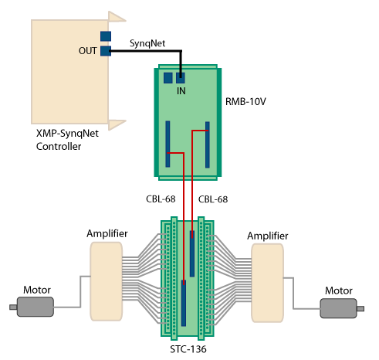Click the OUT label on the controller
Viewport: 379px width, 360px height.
pyautogui.click(x=88, y=51)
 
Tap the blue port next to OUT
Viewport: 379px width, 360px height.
pyautogui.click(x=106, y=51)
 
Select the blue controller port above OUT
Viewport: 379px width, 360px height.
pyautogui.click(x=106, y=36)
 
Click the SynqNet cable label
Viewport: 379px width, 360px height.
pyautogui.click(x=147, y=43)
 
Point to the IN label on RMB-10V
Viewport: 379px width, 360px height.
pyautogui.click(x=181, y=91)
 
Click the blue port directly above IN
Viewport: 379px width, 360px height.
pyautogui.click(x=181, y=78)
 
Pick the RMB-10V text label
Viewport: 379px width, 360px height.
pyautogui.click(x=245, y=101)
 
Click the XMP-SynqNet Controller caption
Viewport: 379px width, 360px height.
pyautogui.click(x=67, y=140)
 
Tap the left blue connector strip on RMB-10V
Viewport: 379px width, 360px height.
pyautogui.click(x=168, y=144)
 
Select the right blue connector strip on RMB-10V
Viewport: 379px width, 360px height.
pyautogui.click(x=208, y=144)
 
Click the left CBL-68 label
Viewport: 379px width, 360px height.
pyautogui.click(x=161, y=199)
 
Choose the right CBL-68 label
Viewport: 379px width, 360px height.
pyautogui.click(x=213, y=199)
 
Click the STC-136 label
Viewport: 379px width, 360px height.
pyautogui.click(x=188, y=349)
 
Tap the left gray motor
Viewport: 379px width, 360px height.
pyautogui.click(x=32, y=307)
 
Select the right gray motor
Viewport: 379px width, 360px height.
pyautogui.click(x=342, y=308)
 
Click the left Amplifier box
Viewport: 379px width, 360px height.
pyautogui.click(x=106, y=281)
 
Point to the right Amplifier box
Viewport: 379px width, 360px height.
pyautogui.click(x=267, y=283)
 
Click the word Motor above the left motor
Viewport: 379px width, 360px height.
pyautogui.click(x=37, y=290)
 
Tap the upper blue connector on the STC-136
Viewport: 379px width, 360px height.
pyautogui.click(x=192, y=253)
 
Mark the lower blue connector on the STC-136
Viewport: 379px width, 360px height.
pyautogui.click(x=184, y=303)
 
